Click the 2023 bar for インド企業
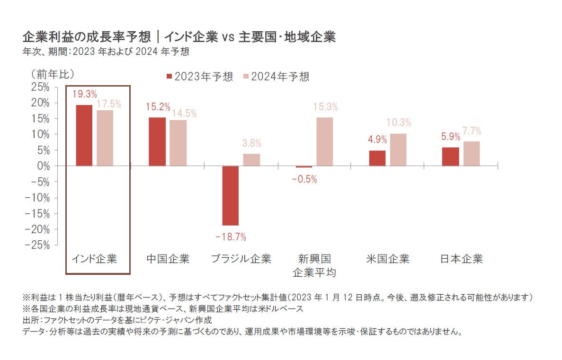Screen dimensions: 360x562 [x=84, y=135]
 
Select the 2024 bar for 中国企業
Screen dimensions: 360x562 [x=178, y=143]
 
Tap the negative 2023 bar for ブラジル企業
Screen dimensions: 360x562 [x=231, y=195]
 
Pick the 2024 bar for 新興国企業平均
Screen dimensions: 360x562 [x=325, y=141]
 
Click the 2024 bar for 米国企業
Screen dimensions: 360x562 [x=398, y=149]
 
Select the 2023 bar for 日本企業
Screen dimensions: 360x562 [x=450, y=157]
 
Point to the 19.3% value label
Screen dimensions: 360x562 [x=85, y=94]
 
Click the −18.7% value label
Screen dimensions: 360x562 [x=231, y=237]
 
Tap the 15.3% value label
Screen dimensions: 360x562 [x=325, y=107]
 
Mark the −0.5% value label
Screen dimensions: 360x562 [x=304, y=179]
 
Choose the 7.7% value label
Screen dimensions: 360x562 [x=472, y=131]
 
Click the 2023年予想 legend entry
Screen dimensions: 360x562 [x=199, y=77]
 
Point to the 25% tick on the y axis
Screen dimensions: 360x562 [x=40, y=87]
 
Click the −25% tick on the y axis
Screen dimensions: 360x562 [x=37, y=245]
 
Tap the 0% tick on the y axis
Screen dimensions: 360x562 [x=43, y=166]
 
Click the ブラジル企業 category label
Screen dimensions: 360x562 [x=241, y=259]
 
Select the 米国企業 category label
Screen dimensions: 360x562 [x=388, y=259]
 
